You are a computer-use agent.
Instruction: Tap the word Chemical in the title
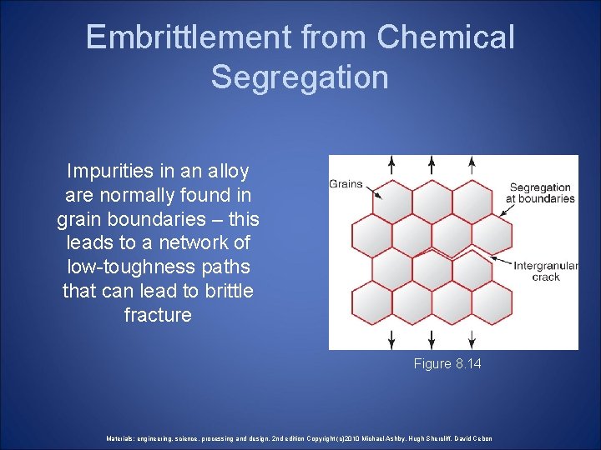click(x=446, y=37)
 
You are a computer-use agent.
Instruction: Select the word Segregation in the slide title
click(x=300, y=77)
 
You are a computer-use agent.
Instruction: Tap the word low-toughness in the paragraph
click(x=158, y=267)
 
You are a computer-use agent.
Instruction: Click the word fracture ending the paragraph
click(x=158, y=315)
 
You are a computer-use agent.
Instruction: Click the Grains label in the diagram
click(x=346, y=183)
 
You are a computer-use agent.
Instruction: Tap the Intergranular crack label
click(x=545, y=271)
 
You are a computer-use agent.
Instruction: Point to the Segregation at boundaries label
click(x=540, y=193)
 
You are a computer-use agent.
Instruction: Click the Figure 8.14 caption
click(x=447, y=364)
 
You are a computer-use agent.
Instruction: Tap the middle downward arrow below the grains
click(x=431, y=338)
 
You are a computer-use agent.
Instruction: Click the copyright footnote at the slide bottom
click(x=300, y=438)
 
